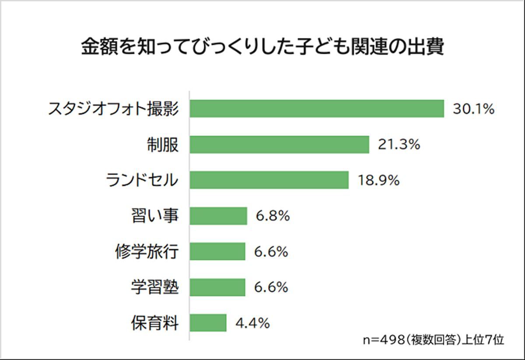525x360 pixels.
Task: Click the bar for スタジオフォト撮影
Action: tap(317, 109)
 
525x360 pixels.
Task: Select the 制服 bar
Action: tap(279, 145)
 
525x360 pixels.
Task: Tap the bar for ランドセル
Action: tap(269, 180)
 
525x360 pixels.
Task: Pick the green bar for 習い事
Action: tap(218, 216)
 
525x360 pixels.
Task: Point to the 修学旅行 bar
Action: tap(217, 252)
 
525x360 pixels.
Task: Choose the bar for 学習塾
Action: tap(217, 287)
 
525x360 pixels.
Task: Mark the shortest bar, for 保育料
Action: tap(208, 323)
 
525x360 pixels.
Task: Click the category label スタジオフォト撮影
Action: tap(113, 109)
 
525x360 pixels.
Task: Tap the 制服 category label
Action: tap(162, 145)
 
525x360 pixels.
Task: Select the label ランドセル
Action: tap(142, 180)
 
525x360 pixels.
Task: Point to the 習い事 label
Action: tap(155, 216)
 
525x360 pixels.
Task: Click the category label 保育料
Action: tap(155, 323)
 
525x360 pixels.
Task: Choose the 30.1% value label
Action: tap(473, 109)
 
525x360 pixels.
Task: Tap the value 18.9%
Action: tap(378, 180)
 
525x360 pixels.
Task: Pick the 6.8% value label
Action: tap(273, 216)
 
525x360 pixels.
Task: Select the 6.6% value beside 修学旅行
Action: tap(271, 252)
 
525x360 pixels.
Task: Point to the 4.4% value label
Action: tap(252, 323)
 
